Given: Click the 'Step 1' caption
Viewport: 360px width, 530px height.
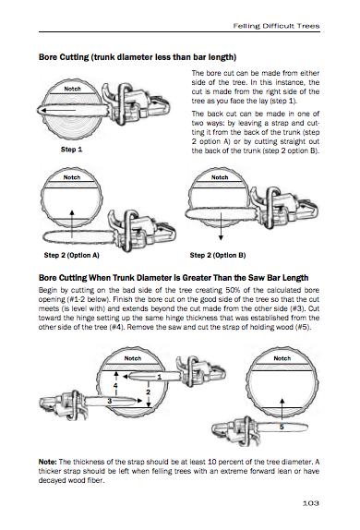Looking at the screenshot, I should (x=70, y=148).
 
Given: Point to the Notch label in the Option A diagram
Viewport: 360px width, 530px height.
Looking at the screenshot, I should (x=73, y=176).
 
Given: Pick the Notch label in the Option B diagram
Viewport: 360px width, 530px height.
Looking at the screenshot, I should (x=219, y=176).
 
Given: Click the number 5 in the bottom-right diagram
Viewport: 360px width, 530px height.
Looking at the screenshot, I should (x=282, y=428).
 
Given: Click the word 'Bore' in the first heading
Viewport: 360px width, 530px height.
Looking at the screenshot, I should (x=48, y=56).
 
